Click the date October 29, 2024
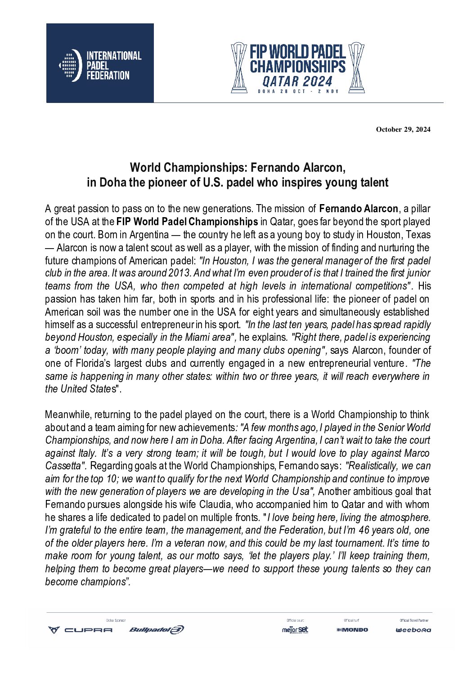coord(403,129)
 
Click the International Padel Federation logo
coord(100,63)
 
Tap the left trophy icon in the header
coord(239,68)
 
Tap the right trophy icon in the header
coord(356,68)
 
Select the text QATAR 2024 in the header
coord(297,81)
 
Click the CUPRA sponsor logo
coord(81,630)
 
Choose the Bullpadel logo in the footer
coord(157,630)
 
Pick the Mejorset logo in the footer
coord(295,630)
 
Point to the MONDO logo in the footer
coord(352,630)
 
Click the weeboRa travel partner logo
coord(413,630)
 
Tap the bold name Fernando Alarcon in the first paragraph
coord(359,209)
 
